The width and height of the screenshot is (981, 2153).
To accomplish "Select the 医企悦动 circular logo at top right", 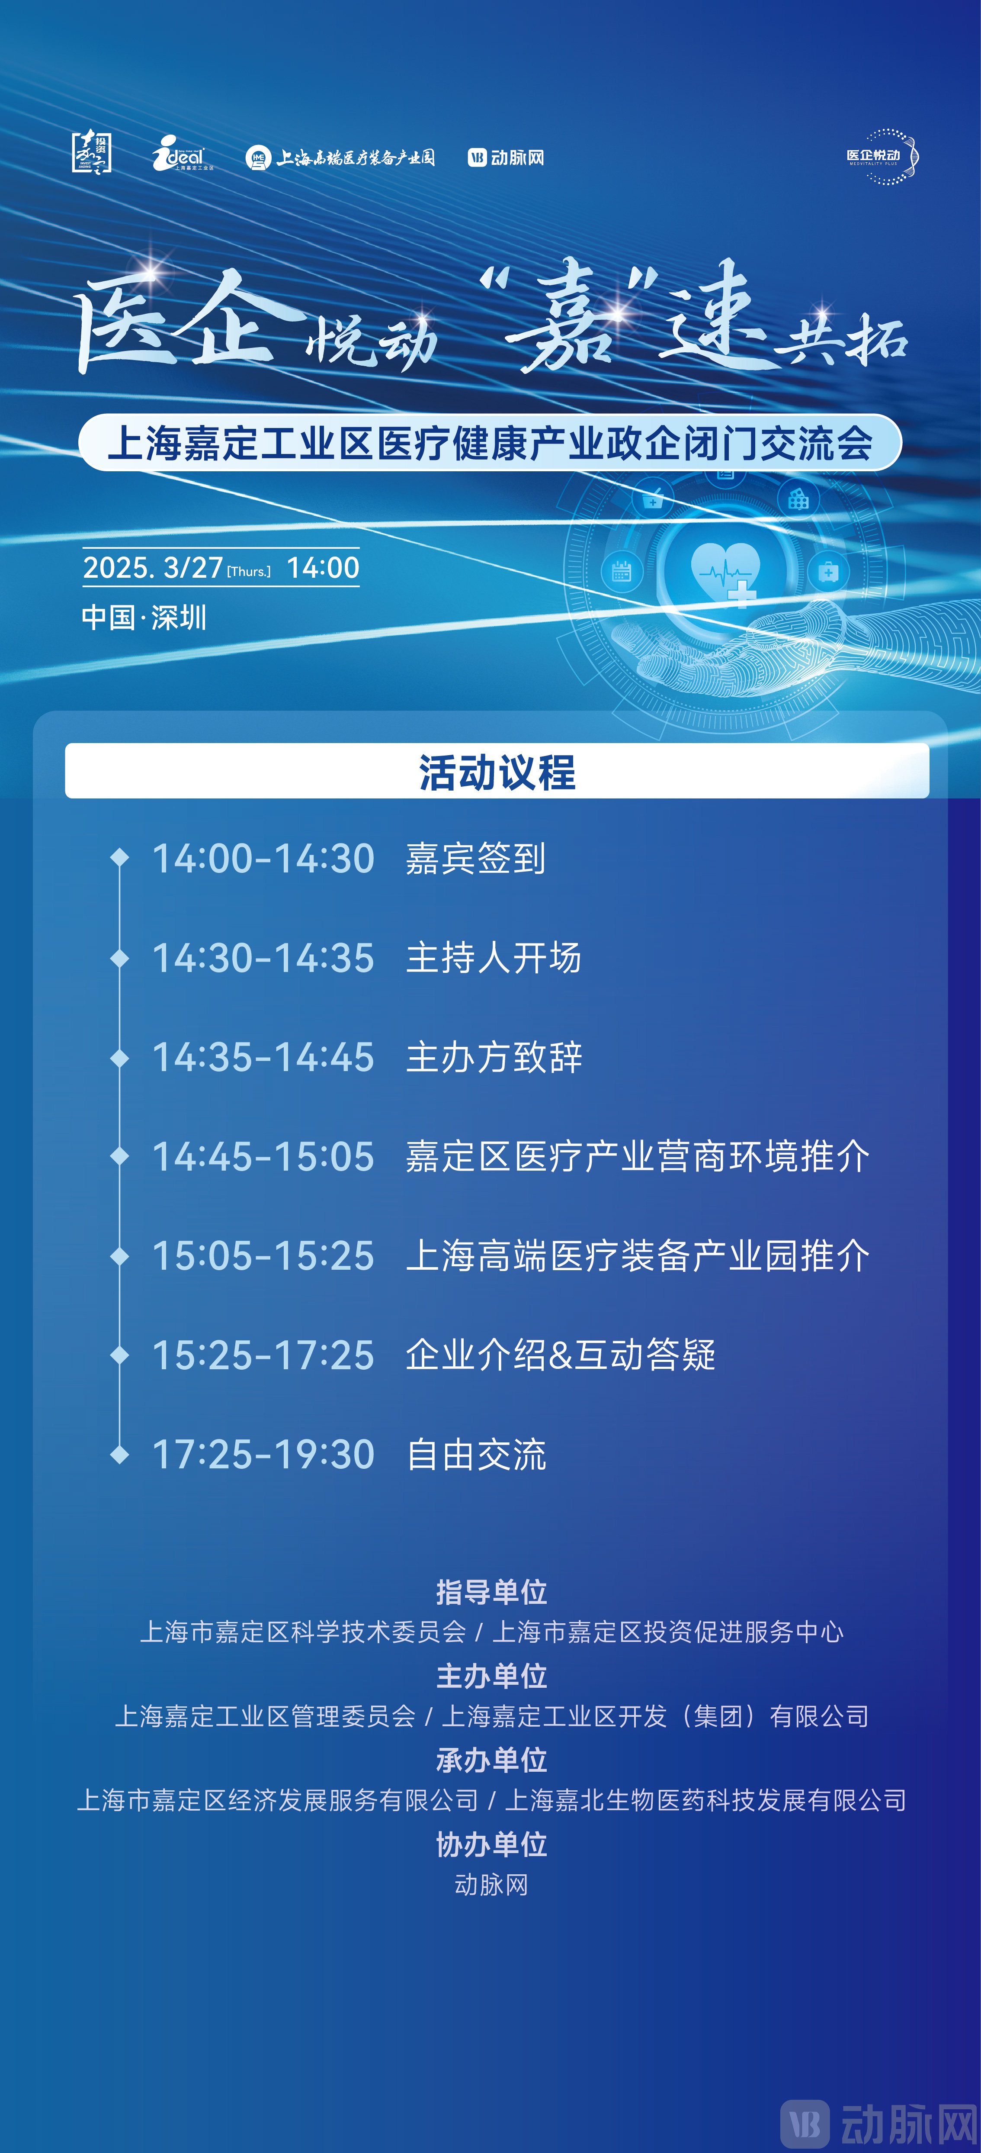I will click(882, 156).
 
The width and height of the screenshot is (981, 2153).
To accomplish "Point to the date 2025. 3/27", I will click(153, 567).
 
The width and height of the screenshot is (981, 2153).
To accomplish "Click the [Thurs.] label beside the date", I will click(249, 572).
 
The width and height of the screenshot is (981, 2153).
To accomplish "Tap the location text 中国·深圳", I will click(144, 618).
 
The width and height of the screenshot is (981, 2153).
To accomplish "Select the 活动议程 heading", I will click(497, 772).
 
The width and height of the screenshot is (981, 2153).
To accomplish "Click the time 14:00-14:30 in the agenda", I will click(263, 858).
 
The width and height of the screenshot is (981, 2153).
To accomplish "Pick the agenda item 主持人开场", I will click(493, 958).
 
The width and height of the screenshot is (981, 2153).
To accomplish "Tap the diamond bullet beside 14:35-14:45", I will click(119, 1057).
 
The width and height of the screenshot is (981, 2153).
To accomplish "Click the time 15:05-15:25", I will click(263, 1255).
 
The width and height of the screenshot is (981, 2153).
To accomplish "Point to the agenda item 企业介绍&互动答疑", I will click(560, 1355).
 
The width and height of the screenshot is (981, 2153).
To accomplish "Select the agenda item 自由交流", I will click(476, 1454).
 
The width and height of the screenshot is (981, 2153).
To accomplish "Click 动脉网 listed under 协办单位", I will click(491, 1885).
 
